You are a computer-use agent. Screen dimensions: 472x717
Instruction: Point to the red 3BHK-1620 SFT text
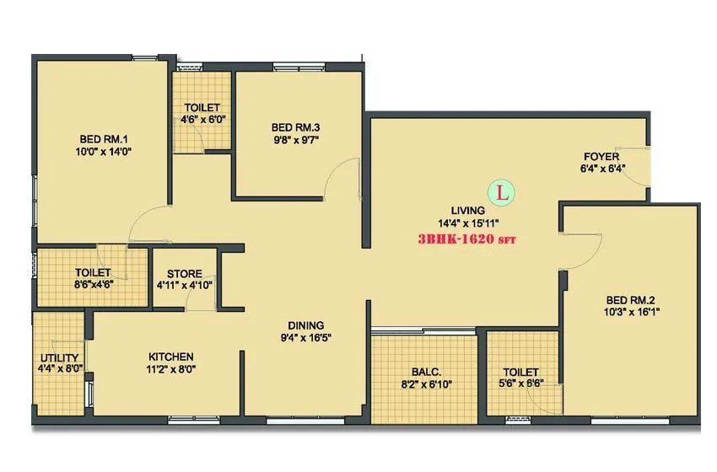pyautogui.click(x=466, y=239)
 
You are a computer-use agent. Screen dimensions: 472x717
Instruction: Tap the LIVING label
pyautogui.click(x=467, y=210)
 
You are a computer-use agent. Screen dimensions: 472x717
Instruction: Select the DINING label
pyautogui.click(x=305, y=325)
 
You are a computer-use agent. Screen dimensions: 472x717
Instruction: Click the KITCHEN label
pyautogui.click(x=171, y=357)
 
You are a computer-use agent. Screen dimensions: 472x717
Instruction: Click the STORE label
pyautogui.click(x=184, y=274)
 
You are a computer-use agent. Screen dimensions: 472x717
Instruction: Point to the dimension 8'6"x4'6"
pyautogui.click(x=94, y=284)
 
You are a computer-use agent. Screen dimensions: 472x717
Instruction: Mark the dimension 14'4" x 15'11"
pyautogui.click(x=468, y=223)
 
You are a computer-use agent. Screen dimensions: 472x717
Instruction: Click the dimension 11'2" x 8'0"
pyautogui.click(x=171, y=368)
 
